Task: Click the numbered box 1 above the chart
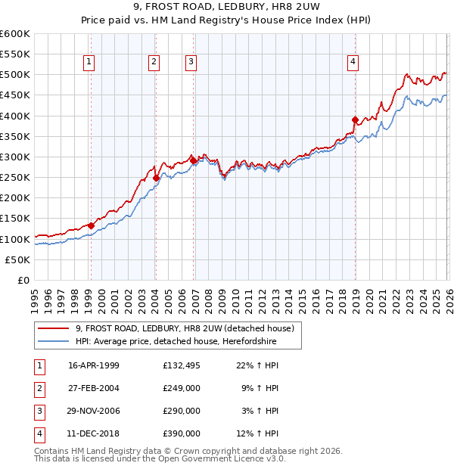89,62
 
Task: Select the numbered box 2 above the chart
154,62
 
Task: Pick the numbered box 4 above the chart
353,62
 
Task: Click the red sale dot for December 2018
355,120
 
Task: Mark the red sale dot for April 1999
91,225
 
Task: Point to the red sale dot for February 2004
156,178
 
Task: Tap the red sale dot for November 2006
193,160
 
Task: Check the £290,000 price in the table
182,411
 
